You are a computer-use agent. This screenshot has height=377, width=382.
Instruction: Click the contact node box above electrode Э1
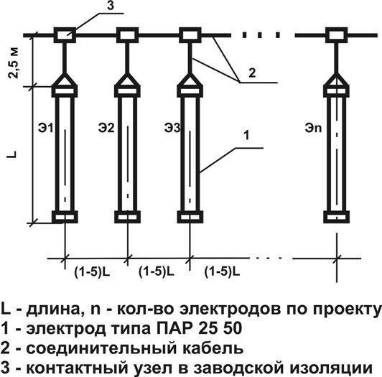[65, 35]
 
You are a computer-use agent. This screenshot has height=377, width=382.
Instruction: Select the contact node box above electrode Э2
[127, 35]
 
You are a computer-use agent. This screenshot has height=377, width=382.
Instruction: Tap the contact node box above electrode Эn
[337, 35]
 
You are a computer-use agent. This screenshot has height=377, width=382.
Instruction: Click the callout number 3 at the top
[111, 6]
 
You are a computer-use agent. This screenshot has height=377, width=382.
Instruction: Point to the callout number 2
[252, 73]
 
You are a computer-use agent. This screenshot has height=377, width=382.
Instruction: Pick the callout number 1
[247, 135]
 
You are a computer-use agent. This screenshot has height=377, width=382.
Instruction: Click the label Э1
[45, 128]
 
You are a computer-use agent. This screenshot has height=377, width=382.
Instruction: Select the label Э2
[106, 128]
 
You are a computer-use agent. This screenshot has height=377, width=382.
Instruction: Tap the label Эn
[313, 128]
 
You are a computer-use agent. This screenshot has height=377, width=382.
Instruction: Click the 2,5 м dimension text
[14, 63]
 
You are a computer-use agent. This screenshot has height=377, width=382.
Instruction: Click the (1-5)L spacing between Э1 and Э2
[92, 271]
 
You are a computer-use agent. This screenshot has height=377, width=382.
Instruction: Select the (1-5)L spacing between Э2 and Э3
[157, 271]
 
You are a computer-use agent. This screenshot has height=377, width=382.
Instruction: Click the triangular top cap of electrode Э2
[127, 80]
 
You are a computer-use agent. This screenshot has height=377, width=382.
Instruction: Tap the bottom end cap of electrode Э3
[190, 217]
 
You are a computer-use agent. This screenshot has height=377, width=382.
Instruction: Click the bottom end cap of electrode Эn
[337, 217]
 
